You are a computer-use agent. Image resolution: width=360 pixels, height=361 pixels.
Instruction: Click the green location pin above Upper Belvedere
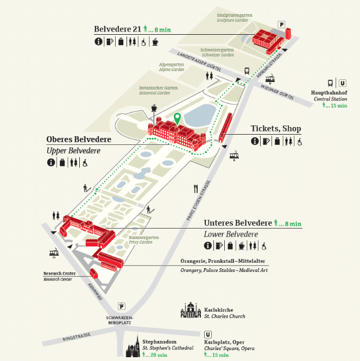[177, 119]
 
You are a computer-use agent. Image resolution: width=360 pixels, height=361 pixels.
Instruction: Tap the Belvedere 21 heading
[117, 29]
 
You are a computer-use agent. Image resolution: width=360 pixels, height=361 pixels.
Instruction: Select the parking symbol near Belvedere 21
[281, 24]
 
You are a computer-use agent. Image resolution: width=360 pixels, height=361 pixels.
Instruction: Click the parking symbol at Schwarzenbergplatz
[122, 306]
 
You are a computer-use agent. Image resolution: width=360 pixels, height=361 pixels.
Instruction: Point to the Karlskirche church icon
[191, 310]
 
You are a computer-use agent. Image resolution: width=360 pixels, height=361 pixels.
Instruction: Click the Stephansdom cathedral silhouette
[133, 346]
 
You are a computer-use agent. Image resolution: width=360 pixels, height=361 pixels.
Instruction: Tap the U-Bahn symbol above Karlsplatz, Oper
[208, 334]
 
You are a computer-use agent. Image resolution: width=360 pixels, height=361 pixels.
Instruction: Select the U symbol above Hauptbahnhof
[343, 83]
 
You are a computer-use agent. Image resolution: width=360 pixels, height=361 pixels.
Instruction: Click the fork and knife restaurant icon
[196, 189]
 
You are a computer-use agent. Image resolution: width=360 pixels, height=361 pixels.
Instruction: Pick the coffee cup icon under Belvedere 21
[155, 42]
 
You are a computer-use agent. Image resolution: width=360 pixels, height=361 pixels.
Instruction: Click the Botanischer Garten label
[158, 88]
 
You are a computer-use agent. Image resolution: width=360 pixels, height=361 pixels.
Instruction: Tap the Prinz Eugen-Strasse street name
[198, 200]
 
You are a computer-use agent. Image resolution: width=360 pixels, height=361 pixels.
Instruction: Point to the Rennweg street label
[94, 292]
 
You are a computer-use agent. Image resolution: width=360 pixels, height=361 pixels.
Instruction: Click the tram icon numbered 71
[54, 253]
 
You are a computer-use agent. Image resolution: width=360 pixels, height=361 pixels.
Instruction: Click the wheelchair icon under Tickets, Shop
[299, 142]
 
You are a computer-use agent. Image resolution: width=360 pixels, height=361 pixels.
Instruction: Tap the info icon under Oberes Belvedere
[51, 162]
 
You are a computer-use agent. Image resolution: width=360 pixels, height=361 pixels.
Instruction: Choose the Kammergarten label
[144, 237]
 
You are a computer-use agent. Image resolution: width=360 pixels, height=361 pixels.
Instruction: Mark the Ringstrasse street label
[77, 337]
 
